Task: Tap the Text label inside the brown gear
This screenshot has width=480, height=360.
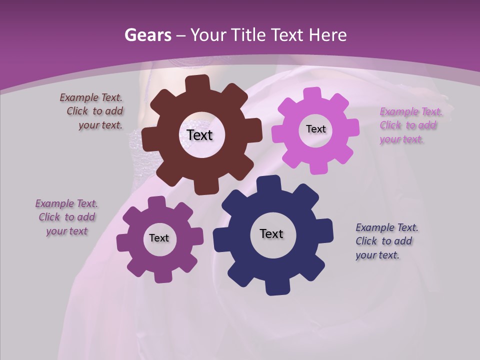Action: [x=200, y=135]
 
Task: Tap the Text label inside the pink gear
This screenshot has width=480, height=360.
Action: [x=315, y=129]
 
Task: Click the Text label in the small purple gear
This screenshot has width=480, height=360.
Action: [x=159, y=238]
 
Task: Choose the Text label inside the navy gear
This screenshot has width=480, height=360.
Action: [x=271, y=233]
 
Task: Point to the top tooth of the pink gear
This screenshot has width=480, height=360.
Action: [x=312, y=94]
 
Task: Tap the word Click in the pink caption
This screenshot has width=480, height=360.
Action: [x=390, y=125]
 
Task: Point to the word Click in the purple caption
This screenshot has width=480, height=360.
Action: [x=49, y=217]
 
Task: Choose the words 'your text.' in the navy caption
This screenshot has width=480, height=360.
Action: [x=377, y=255]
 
